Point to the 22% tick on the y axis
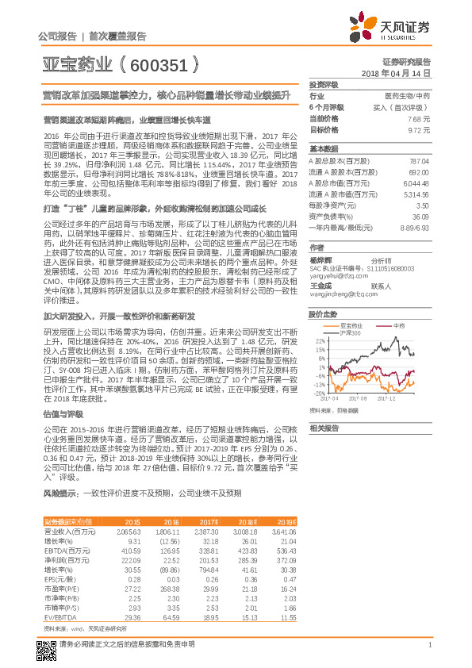(x=319, y=340)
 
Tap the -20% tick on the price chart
(x=318, y=393)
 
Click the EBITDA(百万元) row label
(x=67, y=550)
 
